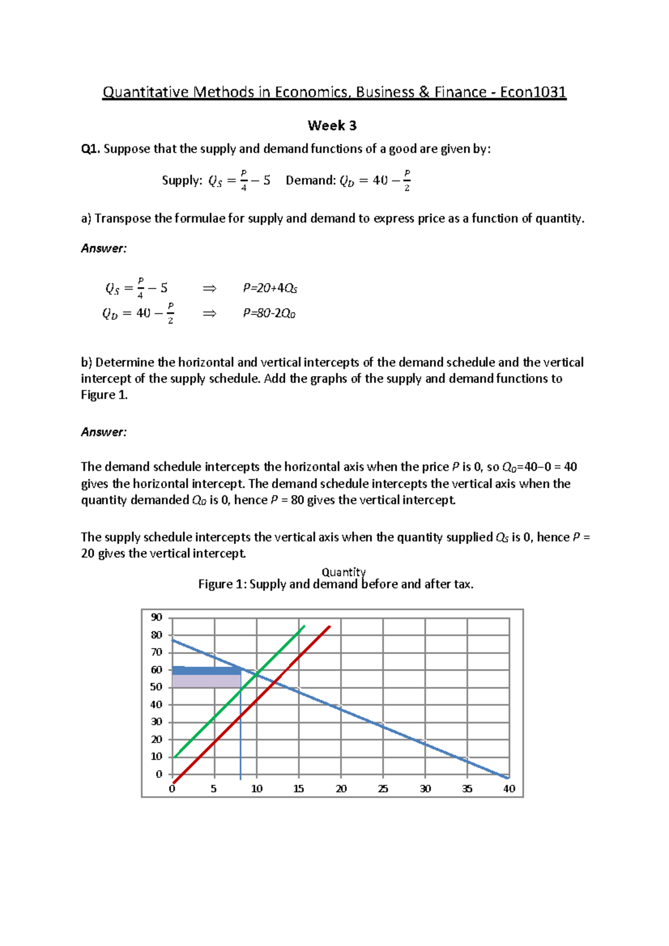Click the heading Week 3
point(332,126)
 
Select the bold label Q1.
point(90,149)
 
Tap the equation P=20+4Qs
point(270,288)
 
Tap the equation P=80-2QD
point(269,314)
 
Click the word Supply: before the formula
point(182,181)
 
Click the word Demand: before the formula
point(311,181)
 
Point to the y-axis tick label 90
point(157,617)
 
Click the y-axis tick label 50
point(157,687)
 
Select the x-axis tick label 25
point(383,789)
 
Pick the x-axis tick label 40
point(509,789)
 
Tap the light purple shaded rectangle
point(206,681)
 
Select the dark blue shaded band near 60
point(206,671)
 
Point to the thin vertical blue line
point(240,735)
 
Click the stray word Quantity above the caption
point(343,572)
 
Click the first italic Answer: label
point(104,248)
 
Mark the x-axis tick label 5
point(214,789)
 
